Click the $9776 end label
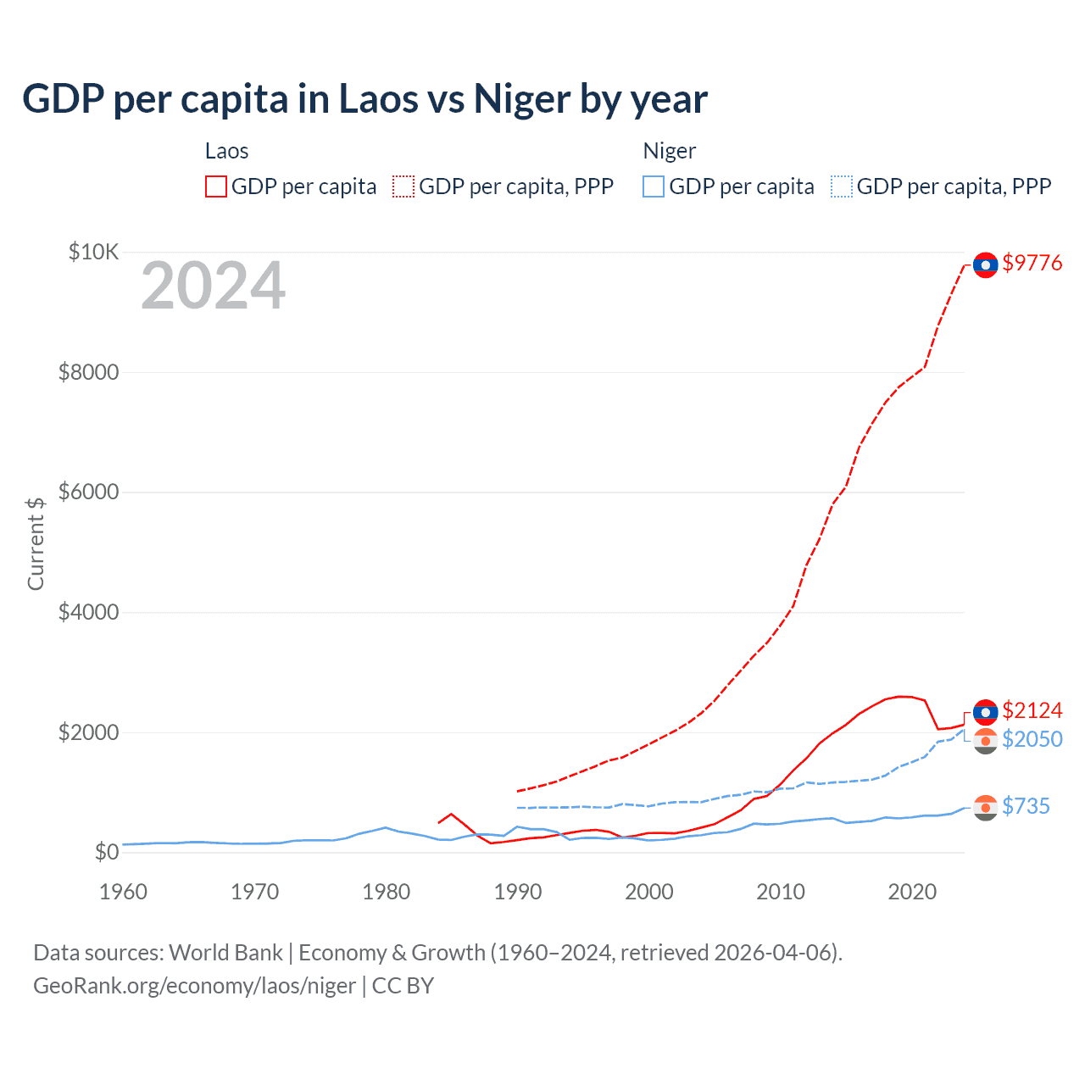pos(1032,263)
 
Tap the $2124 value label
pos(1032,710)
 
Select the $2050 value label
pos(1032,739)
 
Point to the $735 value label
pos(1026,806)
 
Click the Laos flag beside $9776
pos(985,265)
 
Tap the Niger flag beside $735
pos(985,808)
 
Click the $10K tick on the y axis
pos(94,252)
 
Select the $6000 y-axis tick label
pos(88,492)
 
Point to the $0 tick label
pos(106,852)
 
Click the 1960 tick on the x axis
pos(124,892)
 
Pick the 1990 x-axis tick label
pos(518,892)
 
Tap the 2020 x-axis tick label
pos(912,892)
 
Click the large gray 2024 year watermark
pos(213,286)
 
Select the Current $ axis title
pos(36,543)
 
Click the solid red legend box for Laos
pos(216,186)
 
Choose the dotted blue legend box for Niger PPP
pos(842,186)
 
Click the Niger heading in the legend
pos(669,151)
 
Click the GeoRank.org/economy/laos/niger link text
pos(194,986)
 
